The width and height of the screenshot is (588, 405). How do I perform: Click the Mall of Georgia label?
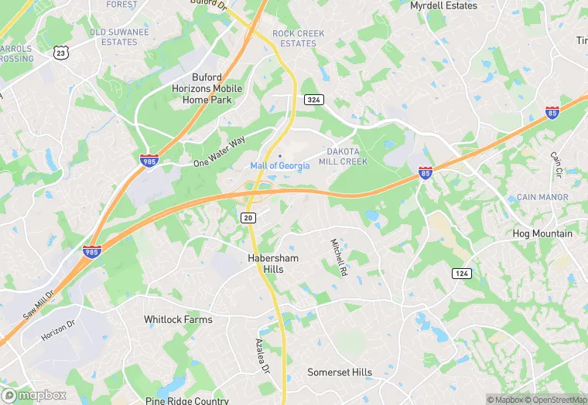pos(280,166)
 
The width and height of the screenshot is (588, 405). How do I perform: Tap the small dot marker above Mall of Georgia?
pos(280,156)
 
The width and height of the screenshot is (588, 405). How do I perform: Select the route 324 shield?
pos(313,100)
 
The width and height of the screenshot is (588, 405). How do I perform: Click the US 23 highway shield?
pos(61,53)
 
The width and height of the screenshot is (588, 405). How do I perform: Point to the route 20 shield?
pos(248,219)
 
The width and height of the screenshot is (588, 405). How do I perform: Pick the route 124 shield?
pos(462,274)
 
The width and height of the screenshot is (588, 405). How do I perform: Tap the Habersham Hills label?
pos(272,264)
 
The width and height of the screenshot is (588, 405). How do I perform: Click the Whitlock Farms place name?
pos(178,319)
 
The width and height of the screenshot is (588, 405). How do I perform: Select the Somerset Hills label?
pos(340,373)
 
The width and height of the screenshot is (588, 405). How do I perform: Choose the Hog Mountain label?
pos(542,233)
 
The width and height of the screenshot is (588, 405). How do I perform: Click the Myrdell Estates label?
pos(443,5)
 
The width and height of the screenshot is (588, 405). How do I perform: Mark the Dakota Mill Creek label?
pos(347,156)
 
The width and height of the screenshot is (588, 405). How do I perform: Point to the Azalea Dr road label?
pos(262,356)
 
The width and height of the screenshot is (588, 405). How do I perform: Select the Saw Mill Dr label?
pos(39,304)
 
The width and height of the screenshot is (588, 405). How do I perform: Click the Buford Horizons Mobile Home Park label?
pos(207,89)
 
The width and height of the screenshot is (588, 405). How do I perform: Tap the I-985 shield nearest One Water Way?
pos(148,161)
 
